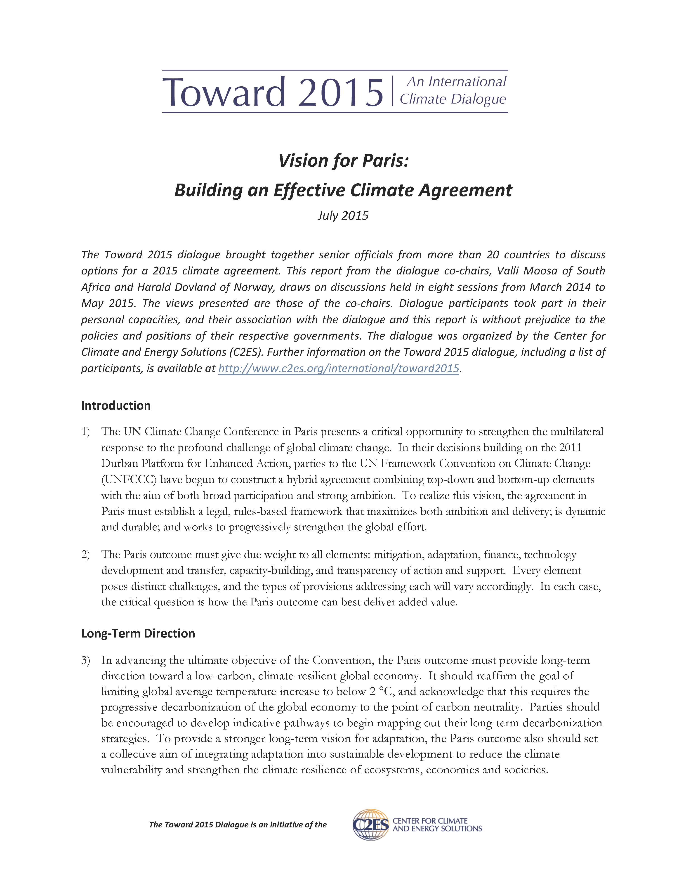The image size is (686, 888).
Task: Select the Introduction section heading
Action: click(x=116, y=405)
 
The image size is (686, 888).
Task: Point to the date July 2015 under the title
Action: click(x=343, y=215)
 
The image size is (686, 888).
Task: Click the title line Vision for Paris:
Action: click(x=343, y=161)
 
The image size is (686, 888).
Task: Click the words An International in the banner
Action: click(x=456, y=82)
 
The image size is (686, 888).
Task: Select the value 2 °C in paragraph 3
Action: click(x=382, y=692)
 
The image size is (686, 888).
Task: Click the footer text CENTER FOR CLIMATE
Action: click(x=430, y=821)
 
